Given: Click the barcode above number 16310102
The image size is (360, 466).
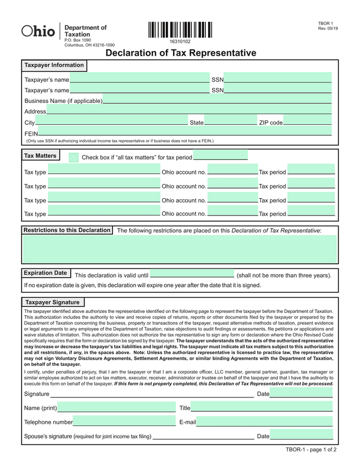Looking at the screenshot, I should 180,29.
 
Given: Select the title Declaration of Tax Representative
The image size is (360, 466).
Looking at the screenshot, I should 181,53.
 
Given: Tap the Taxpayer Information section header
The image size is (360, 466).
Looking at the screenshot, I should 54,65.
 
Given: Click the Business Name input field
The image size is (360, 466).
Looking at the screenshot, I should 217,100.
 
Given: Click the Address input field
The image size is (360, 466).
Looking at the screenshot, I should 189,111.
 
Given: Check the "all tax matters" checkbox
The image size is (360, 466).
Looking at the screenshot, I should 74,158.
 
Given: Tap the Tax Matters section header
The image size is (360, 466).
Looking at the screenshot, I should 40,155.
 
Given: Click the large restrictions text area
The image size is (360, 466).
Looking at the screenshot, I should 180,249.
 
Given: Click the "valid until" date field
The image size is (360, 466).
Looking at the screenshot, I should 192,275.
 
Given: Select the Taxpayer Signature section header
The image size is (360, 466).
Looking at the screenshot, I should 53,302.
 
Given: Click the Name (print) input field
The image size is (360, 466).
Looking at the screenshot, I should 116,407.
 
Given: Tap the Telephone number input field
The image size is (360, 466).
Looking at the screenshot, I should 124,422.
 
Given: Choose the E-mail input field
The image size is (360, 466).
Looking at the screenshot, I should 264,422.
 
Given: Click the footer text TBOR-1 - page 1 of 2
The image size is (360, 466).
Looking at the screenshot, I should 311,450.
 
